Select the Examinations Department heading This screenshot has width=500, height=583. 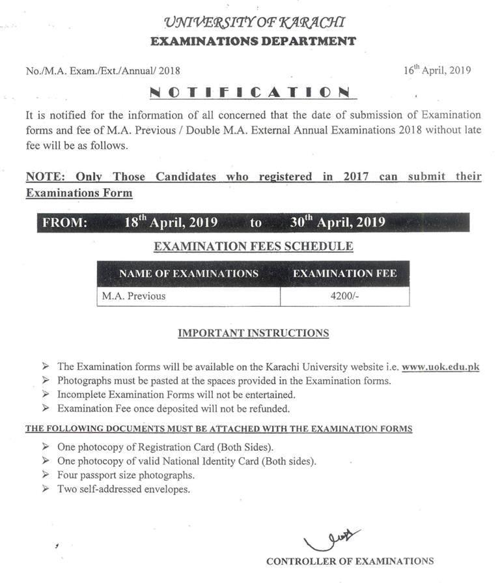(x=253, y=41)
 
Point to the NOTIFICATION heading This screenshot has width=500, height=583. (x=250, y=92)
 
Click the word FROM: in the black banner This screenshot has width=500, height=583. (x=64, y=223)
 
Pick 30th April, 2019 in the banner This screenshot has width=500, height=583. (x=338, y=222)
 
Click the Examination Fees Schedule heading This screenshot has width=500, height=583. (x=253, y=246)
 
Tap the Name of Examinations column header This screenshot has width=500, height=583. (x=189, y=274)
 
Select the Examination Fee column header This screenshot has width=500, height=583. (x=344, y=274)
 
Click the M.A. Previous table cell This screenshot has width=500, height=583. (x=133, y=296)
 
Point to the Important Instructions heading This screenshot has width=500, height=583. (x=253, y=333)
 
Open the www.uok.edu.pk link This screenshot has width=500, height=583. (x=441, y=367)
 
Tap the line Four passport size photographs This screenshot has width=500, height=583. (x=126, y=475)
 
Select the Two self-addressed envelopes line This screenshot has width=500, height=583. (x=124, y=489)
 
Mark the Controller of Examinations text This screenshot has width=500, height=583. (x=350, y=561)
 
